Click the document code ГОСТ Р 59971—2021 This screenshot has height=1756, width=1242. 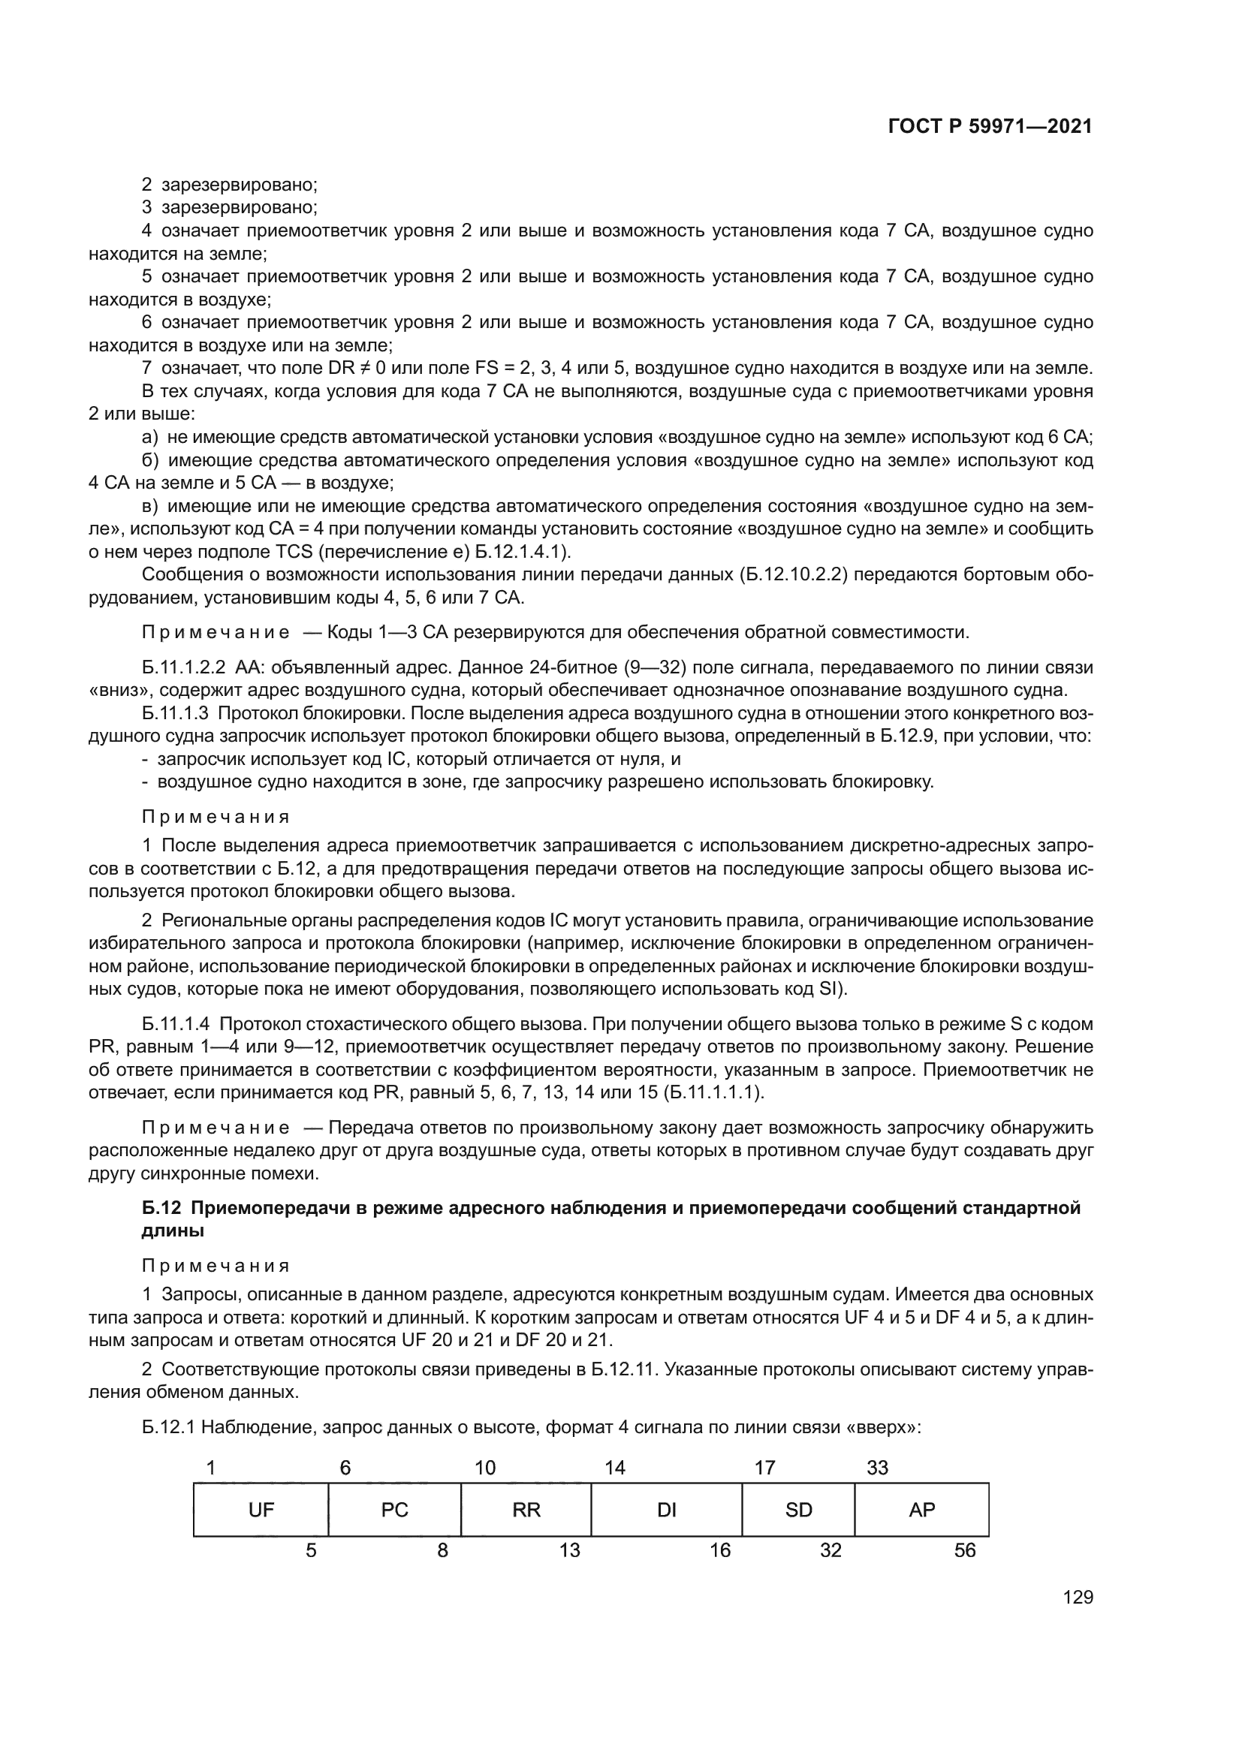(990, 127)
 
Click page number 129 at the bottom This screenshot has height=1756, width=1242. (1078, 1598)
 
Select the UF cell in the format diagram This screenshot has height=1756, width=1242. (261, 1510)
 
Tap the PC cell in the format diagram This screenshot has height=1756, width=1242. (395, 1510)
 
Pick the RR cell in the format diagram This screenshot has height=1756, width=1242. (526, 1510)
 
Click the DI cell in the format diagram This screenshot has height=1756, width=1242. (666, 1510)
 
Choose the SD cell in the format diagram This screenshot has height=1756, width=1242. (798, 1510)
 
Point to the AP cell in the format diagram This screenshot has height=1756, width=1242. (921, 1510)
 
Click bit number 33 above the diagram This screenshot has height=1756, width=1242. (877, 1468)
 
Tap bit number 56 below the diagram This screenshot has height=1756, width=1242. (965, 1550)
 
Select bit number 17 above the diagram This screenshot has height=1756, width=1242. (764, 1468)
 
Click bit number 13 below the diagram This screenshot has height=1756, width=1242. (570, 1550)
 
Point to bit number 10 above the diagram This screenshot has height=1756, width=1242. (485, 1468)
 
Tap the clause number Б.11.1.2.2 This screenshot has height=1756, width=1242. (183, 667)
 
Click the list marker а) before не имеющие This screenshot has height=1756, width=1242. (150, 438)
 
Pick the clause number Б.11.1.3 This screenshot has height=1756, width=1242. (175, 713)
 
